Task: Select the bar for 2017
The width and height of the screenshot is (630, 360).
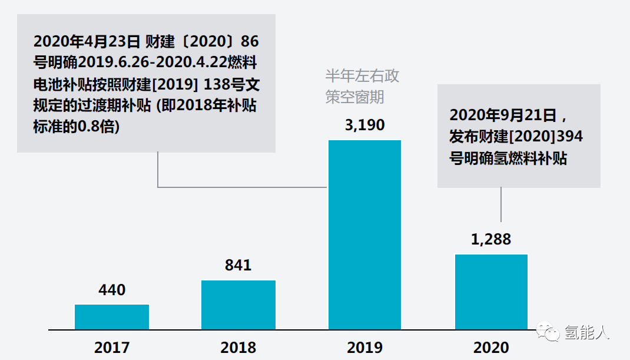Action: tap(112, 317)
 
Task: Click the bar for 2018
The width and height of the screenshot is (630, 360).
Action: tap(238, 305)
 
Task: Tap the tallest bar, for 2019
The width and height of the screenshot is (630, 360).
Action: tap(364, 235)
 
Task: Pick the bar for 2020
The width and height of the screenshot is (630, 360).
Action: tap(491, 292)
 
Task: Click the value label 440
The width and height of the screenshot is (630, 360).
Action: tap(112, 290)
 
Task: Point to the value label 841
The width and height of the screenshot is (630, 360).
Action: tap(238, 265)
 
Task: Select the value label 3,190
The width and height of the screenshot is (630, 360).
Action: tap(364, 125)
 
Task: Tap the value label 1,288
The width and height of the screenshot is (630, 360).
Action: tap(491, 239)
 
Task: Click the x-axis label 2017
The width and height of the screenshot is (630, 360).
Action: tap(112, 347)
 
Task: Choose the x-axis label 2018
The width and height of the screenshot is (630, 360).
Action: tap(238, 347)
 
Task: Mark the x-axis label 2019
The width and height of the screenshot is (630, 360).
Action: tap(364, 347)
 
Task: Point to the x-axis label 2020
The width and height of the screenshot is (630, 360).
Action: tap(491, 347)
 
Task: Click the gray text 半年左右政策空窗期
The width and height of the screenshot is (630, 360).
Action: tap(362, 86)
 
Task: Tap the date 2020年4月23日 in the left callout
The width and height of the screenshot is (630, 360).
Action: tap(87, 42)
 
